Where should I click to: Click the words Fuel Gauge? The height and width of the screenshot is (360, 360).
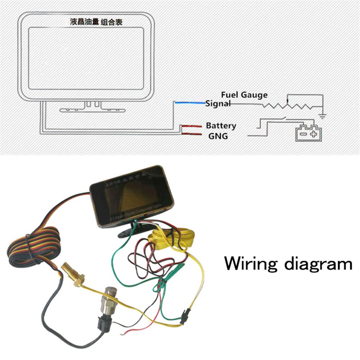pyautogui.click(x=244, y=95)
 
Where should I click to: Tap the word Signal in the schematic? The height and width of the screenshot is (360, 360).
pyautogui.click(x=217, y=104)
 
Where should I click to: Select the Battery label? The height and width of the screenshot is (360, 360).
pyautogui.click(x=221, y=126)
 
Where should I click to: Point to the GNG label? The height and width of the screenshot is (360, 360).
pyautogui.click(x=218, y=136)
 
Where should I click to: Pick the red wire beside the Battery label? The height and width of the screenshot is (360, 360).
pyautogui.click(x=191, y=126)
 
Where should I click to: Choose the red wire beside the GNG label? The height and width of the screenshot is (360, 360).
pyautogui.click(x=191, y=134)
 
